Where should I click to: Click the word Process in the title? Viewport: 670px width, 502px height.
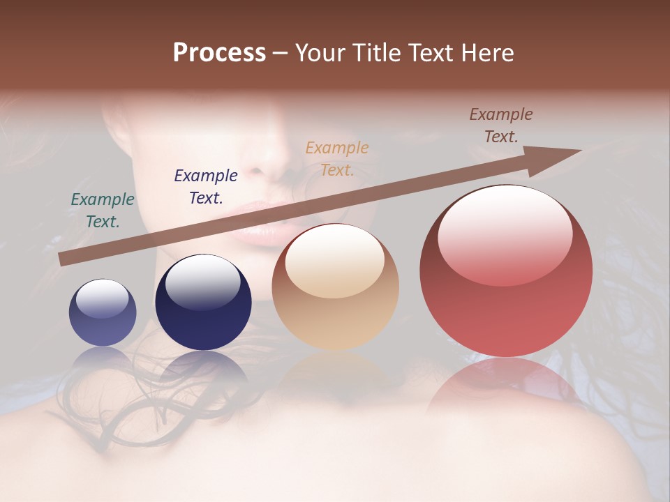pos(219,53)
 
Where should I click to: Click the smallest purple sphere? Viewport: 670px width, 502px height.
pos(103,312)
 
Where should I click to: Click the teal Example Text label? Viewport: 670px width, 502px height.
pos(103,210)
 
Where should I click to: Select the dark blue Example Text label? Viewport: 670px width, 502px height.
pos(206,186)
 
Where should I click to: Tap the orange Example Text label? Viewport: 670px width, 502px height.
pos(337,158)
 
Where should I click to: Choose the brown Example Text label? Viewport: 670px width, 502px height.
pos(501,125)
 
